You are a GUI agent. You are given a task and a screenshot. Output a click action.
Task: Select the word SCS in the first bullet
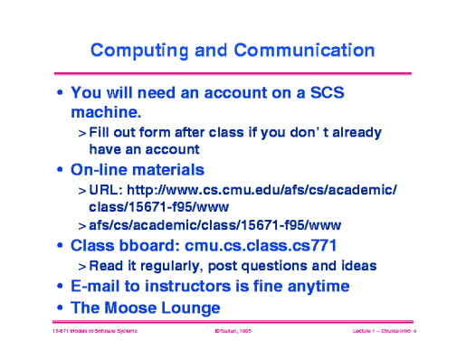point(328,92)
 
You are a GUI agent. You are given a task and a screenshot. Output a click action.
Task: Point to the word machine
point(107,112)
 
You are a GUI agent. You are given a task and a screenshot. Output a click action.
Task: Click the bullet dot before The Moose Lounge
point(60,308)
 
